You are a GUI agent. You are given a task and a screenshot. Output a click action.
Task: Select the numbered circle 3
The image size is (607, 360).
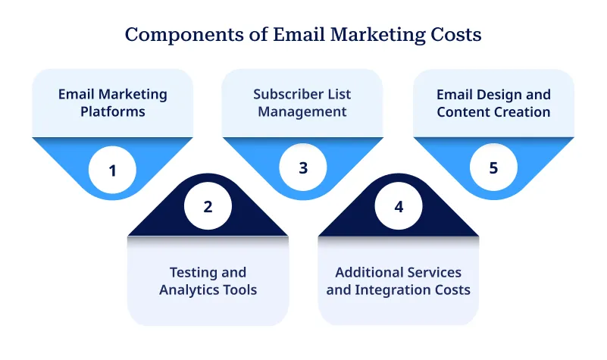tap(303, 167)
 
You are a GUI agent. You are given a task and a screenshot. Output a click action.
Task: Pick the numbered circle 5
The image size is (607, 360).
tap(493, 167)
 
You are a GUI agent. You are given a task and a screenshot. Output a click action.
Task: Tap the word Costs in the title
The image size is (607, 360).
tap(457, 35)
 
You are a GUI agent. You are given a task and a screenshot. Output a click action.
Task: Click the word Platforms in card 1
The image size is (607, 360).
tap(113, 112)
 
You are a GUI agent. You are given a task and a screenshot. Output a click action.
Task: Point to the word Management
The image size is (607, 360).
tap(302, 112)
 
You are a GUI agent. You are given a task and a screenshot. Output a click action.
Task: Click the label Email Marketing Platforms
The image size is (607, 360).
tap(113, 103)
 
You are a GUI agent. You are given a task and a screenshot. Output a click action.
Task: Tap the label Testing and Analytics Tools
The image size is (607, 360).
tap(208, 281)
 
